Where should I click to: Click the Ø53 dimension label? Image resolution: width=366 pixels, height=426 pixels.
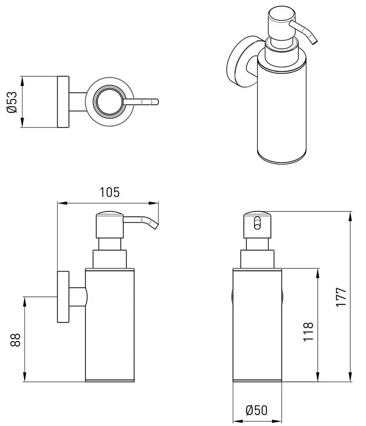(x=12, y=102)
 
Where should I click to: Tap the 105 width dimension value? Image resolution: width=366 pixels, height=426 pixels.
(x=110, y=192)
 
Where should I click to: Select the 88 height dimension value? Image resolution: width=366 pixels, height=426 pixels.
(x=15, y=340)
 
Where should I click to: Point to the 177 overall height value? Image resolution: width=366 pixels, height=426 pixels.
(x=341, y=297)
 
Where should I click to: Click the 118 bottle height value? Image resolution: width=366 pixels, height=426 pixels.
(x=308, y=332)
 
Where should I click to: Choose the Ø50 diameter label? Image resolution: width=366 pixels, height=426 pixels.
(x=257, y=410)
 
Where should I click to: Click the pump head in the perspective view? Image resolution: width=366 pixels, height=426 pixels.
(x=281, y=23)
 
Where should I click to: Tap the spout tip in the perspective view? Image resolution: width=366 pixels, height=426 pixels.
(x=314, y=41)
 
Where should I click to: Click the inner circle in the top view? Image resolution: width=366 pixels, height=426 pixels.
(x=110, y=102)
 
